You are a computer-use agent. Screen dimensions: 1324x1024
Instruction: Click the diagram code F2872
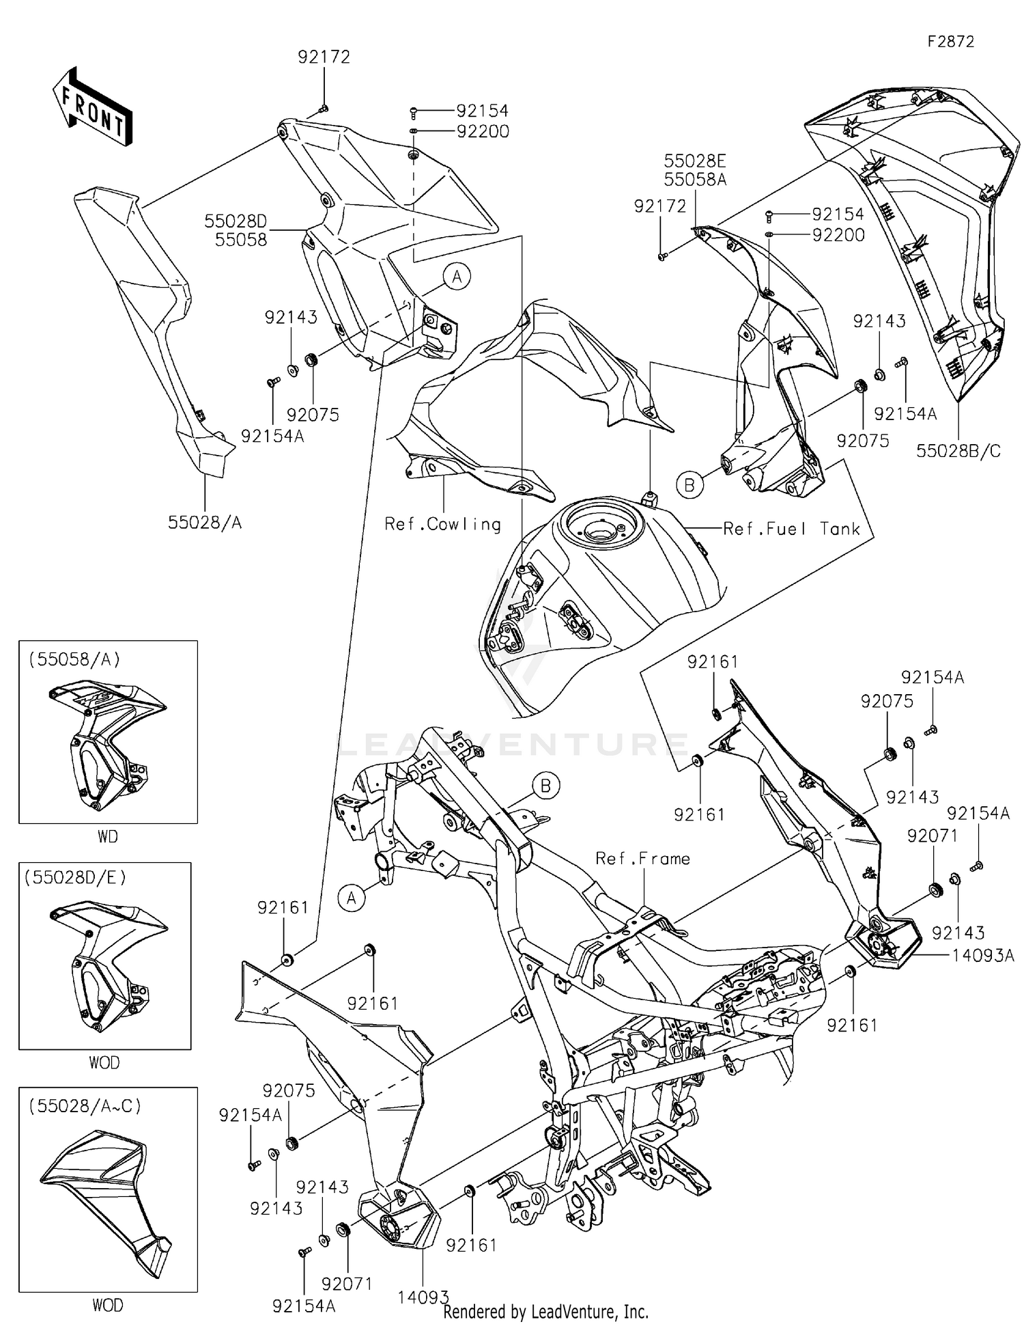tap(950, 42)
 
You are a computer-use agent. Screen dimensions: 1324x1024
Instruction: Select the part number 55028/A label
tap(205, 523)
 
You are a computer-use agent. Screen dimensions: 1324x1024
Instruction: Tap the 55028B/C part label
tap(958, 451)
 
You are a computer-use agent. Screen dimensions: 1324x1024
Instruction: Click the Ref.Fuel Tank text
tap(791, 529)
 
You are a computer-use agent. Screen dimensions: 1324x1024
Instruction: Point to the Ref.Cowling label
tap(442, 524)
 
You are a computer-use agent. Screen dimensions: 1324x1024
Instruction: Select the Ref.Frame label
tap(642, 859)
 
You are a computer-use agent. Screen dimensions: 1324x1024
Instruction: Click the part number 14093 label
tap(423, 1297)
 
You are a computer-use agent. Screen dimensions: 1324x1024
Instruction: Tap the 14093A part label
tap(983, 956)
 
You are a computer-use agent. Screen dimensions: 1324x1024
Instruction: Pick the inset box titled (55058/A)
tap(108, 731)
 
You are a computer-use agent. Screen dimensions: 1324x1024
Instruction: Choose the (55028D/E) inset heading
tap(76, 877)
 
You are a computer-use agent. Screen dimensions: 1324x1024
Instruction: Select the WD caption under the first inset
tap(107, 836)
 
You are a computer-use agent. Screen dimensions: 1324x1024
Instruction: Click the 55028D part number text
tap(236, 221)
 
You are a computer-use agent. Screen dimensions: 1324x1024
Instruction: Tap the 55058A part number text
tap(695, 179)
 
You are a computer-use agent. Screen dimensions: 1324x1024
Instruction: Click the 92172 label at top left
tap(324, 57)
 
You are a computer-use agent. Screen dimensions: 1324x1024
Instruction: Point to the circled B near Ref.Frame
tap(545, 786)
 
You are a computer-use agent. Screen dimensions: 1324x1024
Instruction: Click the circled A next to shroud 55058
tap(457, 277)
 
